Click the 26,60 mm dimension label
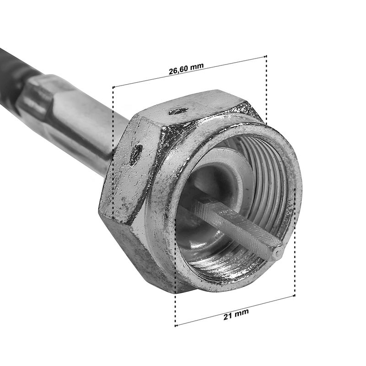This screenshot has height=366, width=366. coord(186,69)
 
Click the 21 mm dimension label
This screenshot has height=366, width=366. coord(236,314)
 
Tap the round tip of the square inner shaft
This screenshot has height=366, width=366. coord(279,251)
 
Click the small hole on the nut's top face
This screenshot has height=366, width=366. coord(178,111)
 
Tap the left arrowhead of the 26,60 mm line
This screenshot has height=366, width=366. coord(114,87)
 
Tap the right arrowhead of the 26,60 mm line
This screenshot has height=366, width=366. coord(265,56)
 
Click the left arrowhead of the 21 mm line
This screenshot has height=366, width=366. coord(177,325)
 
